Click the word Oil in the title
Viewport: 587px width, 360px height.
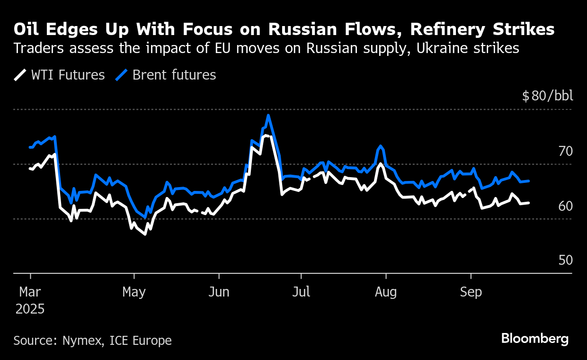27,29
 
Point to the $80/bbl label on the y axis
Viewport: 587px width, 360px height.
547,96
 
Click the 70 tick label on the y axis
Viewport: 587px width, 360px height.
565,152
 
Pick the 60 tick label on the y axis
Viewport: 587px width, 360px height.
565,206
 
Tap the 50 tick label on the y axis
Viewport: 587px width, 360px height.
565,261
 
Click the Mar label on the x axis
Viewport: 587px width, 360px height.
30,292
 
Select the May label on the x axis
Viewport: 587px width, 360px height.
134,292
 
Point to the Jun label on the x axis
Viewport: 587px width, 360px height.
219,292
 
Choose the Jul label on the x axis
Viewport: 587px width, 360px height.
301,292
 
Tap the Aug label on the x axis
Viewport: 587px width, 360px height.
386,292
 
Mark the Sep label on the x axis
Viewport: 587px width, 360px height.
471,292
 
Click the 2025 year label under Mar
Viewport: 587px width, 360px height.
30,309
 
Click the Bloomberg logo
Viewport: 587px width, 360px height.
535,339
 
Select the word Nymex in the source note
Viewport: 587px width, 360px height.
82,341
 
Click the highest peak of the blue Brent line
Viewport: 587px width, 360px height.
268,115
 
